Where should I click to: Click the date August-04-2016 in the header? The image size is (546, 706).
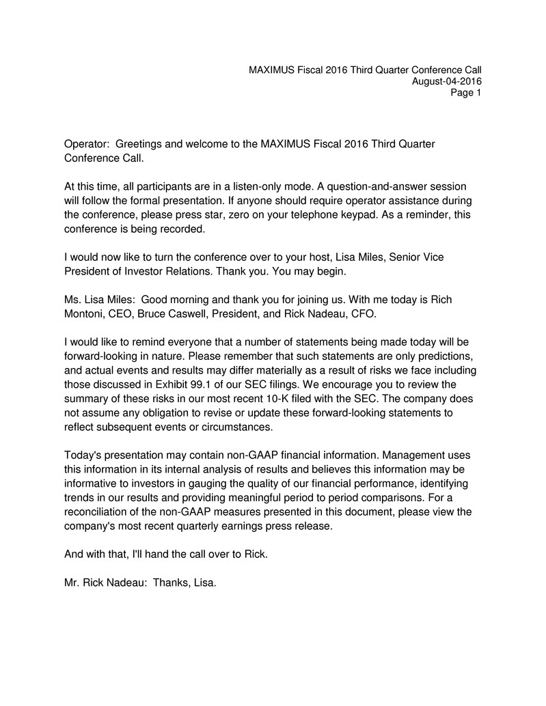tap(447, 81)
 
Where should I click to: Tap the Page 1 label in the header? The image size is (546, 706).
tap(466, 94)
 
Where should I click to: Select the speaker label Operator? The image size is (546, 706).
tap(86, 145)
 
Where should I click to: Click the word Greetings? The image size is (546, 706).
tap(139, 145)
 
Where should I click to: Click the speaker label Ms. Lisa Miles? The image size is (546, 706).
tap(96, 301)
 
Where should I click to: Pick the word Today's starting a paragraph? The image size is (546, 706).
tap(84, 455)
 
